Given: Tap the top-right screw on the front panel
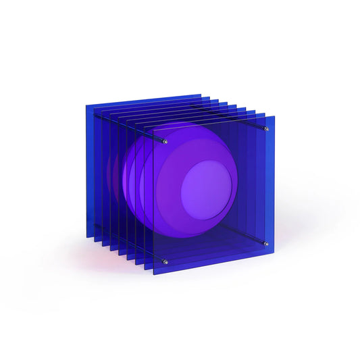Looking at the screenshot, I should [266, 129].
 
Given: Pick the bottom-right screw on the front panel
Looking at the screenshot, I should [265, 243].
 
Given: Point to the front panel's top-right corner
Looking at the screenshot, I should [275, 116].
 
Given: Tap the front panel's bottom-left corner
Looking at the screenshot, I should [154, 274].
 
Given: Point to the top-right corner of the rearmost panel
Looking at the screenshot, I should [201, 94].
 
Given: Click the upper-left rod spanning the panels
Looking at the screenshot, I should [128, 128].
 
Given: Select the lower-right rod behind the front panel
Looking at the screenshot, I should [243, 233].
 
